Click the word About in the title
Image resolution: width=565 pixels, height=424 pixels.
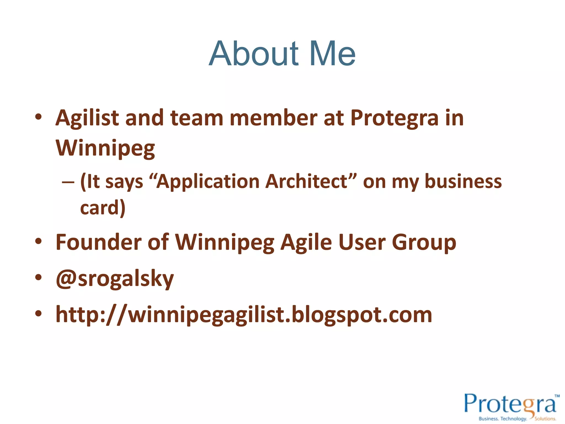[x=254, y=54]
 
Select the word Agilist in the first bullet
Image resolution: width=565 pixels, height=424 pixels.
[x=87, y=118]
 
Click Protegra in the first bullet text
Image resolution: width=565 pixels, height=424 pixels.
[x=394, y=118]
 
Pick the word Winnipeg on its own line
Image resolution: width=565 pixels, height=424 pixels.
[x=105, y=148]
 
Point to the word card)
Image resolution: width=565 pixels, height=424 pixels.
[x=103, y=208]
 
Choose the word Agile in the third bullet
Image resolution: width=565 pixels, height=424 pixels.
[x=306, y=242]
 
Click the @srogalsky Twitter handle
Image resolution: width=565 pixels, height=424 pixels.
[x=115, y=279]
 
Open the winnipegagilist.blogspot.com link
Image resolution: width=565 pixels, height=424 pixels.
[x=244, y=315]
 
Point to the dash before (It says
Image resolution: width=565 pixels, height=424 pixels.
[x=68, y=182]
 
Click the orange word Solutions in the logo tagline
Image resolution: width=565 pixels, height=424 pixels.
[x=545, y=419]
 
